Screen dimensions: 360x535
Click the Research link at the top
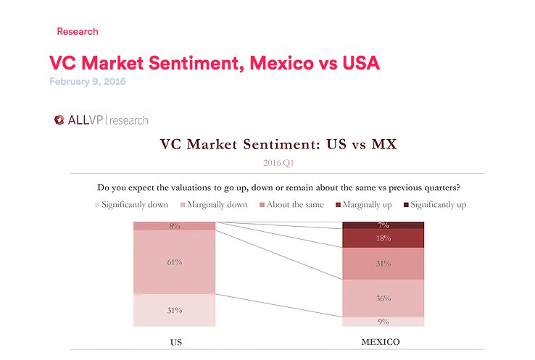[x=77, y=31]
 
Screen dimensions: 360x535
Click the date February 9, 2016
[x=87, y=82]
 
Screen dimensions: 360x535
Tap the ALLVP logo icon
[x=59, y=120]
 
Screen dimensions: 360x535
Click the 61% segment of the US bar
[x=174, y=262]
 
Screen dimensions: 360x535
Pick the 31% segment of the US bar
[x=174, y=310]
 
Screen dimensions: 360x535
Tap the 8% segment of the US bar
[x=174, y=226]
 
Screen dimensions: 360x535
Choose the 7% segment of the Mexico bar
[x=383, y=225]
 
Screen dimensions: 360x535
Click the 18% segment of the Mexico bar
[x=383, y=238]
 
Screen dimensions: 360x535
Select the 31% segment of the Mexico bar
[x=383, y=264]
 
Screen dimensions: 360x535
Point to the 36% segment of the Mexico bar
[x=383, y=298]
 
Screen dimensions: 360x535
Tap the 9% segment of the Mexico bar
[x=383, y=322]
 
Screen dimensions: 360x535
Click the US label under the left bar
[x=174, y=341]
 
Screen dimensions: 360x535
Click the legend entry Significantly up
[x=434, y=205]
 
